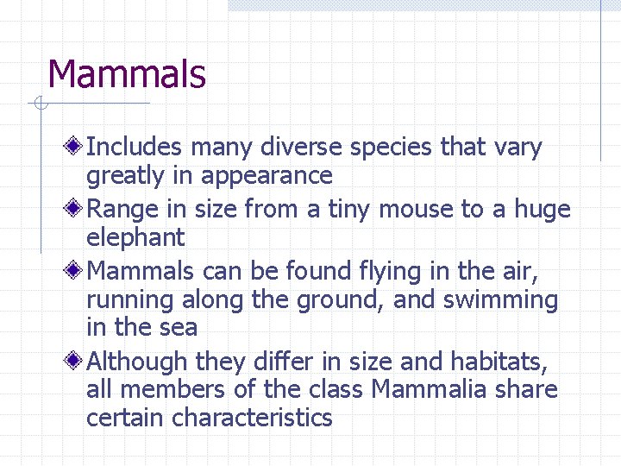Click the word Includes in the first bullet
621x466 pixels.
[x=135, y=148]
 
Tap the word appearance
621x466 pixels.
[x=266, y=176]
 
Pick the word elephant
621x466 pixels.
[x=135, y=237]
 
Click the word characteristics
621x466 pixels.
[x=252, y=419]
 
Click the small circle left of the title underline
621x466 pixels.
[x=39, y=104]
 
